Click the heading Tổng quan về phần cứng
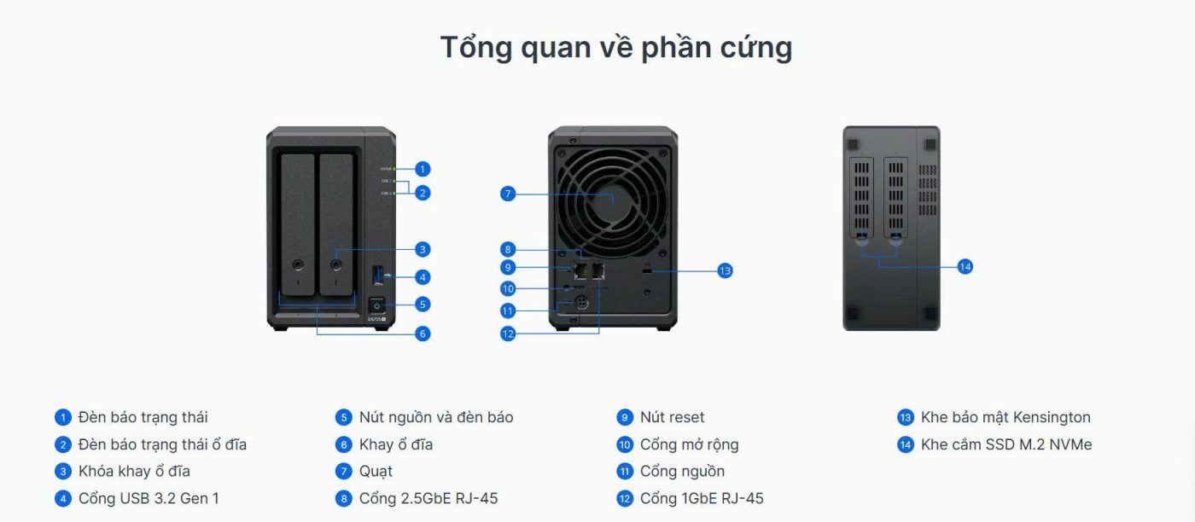click(615, 48)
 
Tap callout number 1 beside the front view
click(423, 169)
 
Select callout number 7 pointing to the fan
click(508, 194)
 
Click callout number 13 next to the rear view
click(725, 270)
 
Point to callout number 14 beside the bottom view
click(965, 267)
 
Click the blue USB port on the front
click(376, 275)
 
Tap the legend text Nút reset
click(672, 417)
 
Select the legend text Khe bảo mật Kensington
click(1006, 417)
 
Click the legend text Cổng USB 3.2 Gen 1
click(149, 498)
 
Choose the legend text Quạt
click(376, 471)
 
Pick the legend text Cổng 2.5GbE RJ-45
click(428, 498)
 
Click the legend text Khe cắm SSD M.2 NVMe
click(1006, 444)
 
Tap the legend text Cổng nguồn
click(682, 471)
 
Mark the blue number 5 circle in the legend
click(344, 418)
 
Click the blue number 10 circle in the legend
click(625, 444)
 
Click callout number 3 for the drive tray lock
click(423, 250)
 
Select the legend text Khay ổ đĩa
click(395, 444)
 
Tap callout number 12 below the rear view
click(508, 333)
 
